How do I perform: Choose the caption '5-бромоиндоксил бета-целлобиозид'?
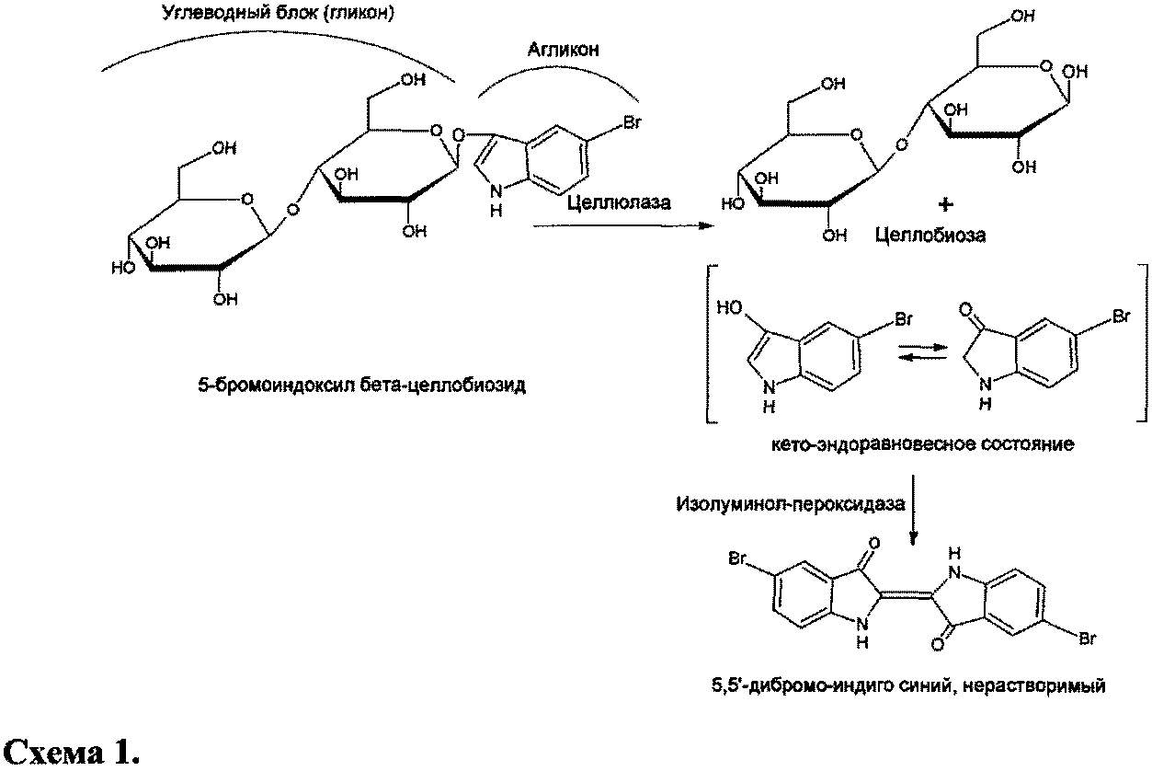pos(361,385)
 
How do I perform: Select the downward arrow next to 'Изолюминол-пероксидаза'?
pos(912,515)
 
